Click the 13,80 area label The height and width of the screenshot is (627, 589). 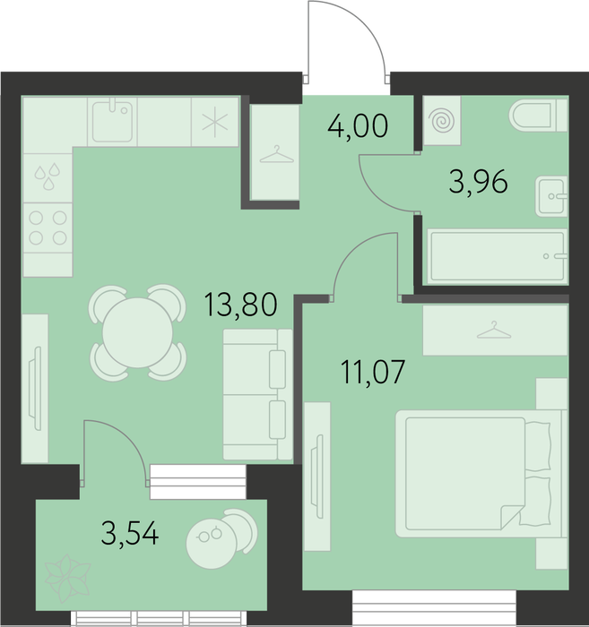click(x=240, y=305)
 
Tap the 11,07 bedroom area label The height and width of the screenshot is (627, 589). click(x=373, y=372)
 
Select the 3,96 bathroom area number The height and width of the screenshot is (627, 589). click(x=478, y=182)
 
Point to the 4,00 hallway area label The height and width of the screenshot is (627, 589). click(x=358, y=125)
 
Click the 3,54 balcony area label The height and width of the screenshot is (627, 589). click(x=130, y=534)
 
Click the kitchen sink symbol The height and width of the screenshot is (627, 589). click(x=112, y=122)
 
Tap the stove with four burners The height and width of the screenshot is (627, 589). click(x=48, y=228)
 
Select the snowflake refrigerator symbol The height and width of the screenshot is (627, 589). click(x=215, y=122)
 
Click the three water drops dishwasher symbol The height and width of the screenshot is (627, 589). click(x=48, y=176)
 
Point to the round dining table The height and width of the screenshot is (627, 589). click(x=137, y=332)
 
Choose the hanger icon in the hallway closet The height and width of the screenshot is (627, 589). click(x=276, y=155)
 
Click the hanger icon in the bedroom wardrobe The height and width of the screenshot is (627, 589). click(x=494, y=331)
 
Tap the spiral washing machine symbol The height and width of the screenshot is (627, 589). click(x=442, y=120)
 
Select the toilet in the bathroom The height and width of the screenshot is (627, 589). click(x=538, y=116)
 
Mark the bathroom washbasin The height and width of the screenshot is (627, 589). click(x=551, y=196)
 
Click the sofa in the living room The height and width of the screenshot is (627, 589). click(x=257, y=394)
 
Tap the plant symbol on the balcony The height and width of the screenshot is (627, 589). click(x=67, y=578)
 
